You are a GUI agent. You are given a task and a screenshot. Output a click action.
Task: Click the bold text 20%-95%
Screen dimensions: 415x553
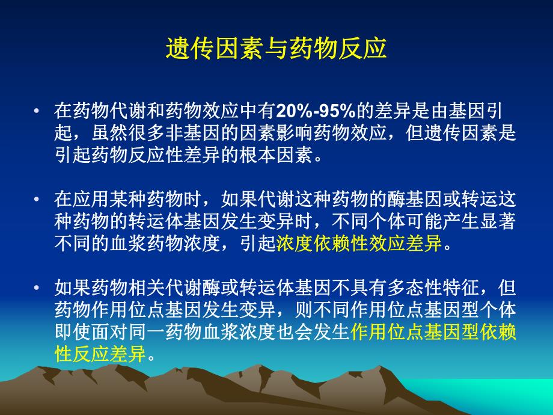(316, 111)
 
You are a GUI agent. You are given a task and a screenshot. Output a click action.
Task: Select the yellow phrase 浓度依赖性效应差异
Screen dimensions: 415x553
(359, 244)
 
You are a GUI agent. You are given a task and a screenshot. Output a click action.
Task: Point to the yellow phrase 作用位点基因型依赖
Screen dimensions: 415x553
(432, 331)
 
